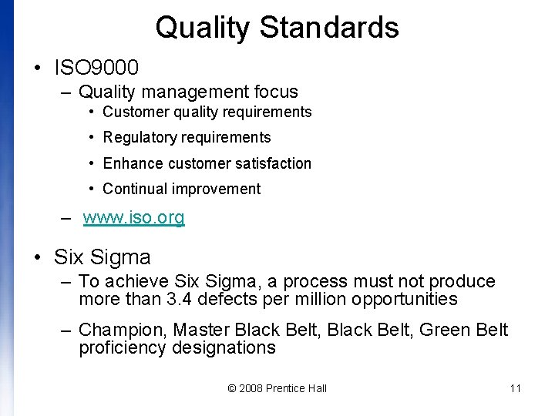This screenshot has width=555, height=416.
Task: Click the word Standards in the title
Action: point(329,28)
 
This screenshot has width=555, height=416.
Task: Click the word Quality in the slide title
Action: point(203,28)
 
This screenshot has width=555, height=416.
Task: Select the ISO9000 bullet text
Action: point(96,67)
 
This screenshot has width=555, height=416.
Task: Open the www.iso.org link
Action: point(134,218)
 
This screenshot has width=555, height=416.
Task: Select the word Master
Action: point(200,330)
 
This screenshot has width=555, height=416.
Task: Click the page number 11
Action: point(516,388)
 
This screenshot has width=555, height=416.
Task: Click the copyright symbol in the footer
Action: point(232,388)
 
